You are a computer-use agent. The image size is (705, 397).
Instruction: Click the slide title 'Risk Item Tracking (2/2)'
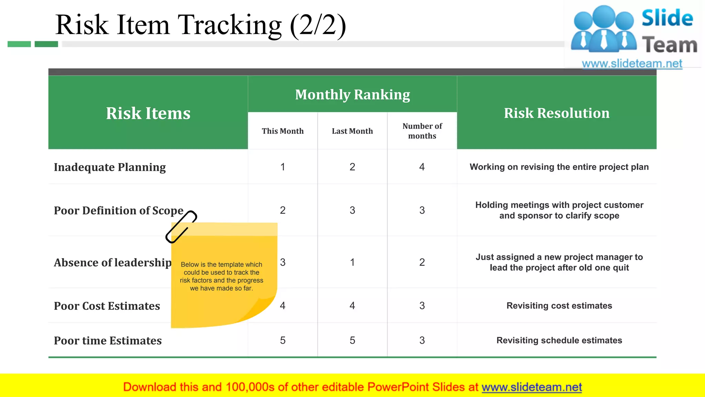click(x=200, y=25)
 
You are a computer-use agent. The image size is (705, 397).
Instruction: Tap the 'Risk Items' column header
click(x=148, y=113)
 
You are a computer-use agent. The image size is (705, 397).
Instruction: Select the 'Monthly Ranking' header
click(x=352, y=94)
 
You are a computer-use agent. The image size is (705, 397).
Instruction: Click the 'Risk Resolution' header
click(x=557, y=113)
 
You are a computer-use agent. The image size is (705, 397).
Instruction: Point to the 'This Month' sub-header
click(x=283, y=131)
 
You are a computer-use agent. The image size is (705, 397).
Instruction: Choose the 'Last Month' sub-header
click(x=352, y=131)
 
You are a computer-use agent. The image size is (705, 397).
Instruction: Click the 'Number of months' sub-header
click(x=422, y=131)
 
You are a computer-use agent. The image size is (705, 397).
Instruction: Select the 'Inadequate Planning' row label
click(x=110, y=167)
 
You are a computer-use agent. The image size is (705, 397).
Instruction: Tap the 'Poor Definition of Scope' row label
click(x=118, y=211)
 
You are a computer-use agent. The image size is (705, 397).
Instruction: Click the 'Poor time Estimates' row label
click(x=108, y=340)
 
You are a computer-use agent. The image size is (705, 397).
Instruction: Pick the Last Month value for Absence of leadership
click(x=352, y=262)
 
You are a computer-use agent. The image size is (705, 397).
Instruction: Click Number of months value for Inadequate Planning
click(x=422, y=167)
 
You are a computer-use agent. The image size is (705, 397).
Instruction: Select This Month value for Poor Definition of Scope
click(x=283, y=210)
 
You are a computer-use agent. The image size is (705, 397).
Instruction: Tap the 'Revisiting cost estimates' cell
click(x=559, y=306)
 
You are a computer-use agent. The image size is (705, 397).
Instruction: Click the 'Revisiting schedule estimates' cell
click(x=559, y=340)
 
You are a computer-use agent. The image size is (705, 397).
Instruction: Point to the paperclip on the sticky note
click(x=181, y=227)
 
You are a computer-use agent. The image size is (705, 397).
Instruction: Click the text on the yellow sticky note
click(x=221, y=276)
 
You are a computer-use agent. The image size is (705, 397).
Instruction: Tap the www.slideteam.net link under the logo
click(x=632, y=63)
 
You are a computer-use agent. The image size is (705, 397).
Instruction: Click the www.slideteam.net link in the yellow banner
click(x=532, y=387)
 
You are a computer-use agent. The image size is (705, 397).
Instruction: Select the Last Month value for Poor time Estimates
click(x=352, y=340)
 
